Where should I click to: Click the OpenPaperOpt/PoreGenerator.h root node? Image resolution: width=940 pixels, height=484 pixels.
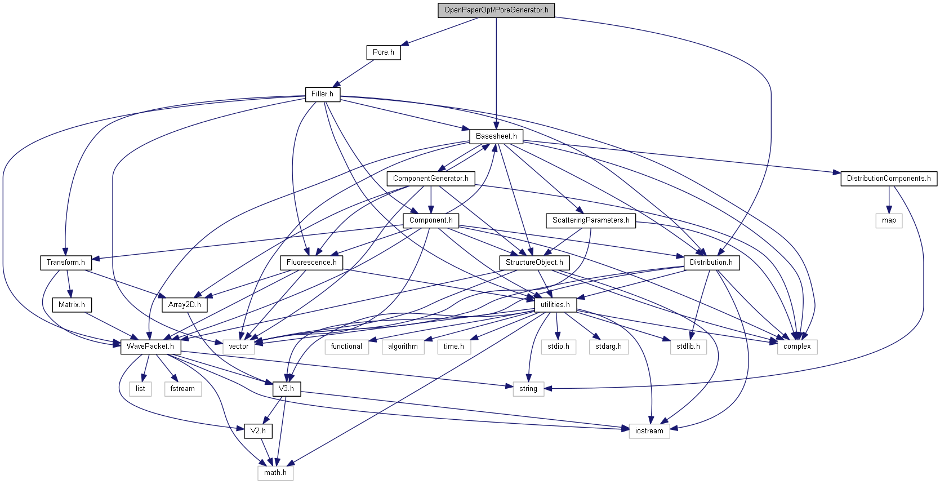click(x=496, y=10)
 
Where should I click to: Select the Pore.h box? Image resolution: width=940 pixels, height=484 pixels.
click(x=384, y=52)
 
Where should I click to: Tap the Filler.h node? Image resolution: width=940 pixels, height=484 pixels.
click(x=322, y=94)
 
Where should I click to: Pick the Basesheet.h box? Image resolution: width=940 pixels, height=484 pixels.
click(x=496, y=136)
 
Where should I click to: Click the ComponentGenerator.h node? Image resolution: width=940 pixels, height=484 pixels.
click(x=431, y=179)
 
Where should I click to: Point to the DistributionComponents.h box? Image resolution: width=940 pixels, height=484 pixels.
click(x=889, y=179)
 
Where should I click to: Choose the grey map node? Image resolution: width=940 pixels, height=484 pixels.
click(x=889, y=220)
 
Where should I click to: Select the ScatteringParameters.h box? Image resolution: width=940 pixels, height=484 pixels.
click(x=591, y=220)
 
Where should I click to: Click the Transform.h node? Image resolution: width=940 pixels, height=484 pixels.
click(x=66, y=263)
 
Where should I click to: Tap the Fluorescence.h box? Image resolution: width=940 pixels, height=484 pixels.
click(x=311, y=263)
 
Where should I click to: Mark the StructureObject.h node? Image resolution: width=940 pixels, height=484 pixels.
click(x=534, y=263)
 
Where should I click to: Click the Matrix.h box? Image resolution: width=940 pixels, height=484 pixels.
click(x=72, y=305)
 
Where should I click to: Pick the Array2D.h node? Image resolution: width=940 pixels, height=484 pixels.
click(x=185, y=305)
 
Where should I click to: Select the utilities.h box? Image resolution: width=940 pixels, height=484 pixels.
click(x=555, y=305)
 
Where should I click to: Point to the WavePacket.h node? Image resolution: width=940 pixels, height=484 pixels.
click(x=150, y=347)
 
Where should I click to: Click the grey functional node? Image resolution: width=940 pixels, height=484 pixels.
click(x=346, y=347)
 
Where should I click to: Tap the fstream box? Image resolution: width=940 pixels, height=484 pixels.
click(x=182, y=389)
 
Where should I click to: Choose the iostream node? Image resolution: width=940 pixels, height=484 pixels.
click(x=649, y=431)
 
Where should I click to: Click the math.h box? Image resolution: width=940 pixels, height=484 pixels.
click(x=275, y=473)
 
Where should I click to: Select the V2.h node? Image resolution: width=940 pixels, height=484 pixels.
click(x=258, y=431)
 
